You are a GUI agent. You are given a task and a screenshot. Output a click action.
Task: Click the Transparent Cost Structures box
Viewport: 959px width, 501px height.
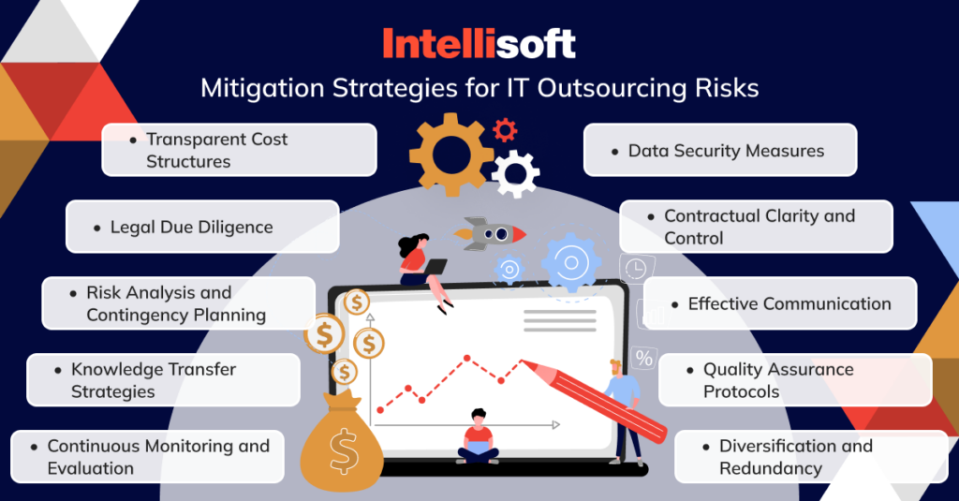[239, 150]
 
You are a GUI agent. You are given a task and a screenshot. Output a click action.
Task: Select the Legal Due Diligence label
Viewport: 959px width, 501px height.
[202, 227]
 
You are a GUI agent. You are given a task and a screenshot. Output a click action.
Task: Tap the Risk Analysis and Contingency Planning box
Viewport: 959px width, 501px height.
[179, 303]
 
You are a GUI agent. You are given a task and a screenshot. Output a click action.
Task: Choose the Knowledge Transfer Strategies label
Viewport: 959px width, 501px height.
[163, 380]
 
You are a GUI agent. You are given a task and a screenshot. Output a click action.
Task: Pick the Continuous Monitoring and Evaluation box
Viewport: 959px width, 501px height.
[147, 457]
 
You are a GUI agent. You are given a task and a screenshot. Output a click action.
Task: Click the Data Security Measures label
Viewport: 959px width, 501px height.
[720, 150]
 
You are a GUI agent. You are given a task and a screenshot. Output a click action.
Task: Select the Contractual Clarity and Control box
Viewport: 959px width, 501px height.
[756, 227]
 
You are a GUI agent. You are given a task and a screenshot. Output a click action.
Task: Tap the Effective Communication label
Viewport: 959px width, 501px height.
[779, 303]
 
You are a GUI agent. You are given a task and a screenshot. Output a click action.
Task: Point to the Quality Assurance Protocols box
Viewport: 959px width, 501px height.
[795, 380]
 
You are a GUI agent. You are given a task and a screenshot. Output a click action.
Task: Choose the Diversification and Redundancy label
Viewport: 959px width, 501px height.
[811, 457]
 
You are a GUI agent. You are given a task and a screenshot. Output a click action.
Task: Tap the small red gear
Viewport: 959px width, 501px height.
[506, 129]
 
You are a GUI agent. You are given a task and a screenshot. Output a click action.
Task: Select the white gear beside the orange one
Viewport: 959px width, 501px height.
[515, 173]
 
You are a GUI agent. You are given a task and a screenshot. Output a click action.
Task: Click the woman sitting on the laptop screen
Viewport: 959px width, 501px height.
[418, 267]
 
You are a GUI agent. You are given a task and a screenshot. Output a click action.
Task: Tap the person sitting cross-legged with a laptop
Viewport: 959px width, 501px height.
[478, 437]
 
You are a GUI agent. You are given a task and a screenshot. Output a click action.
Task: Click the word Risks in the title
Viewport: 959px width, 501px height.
[725, 89]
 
